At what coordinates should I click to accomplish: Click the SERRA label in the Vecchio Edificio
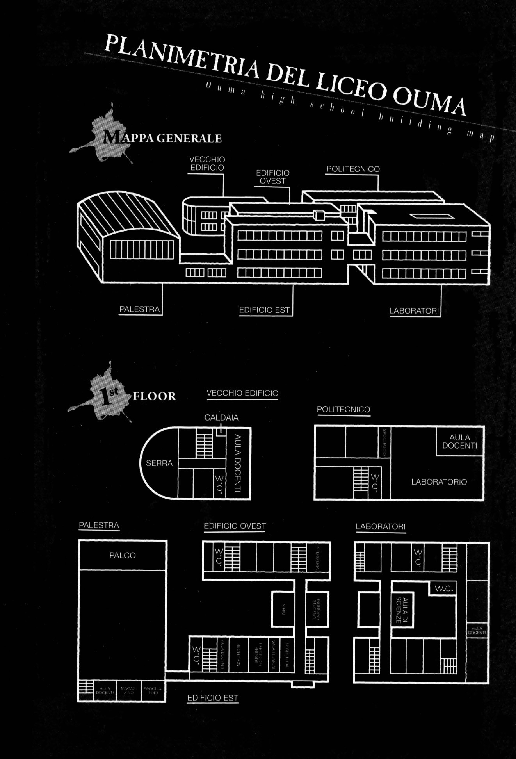(159, 463)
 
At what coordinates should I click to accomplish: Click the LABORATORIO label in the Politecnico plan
(439, 482)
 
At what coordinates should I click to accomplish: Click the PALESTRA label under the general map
(139, 309)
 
